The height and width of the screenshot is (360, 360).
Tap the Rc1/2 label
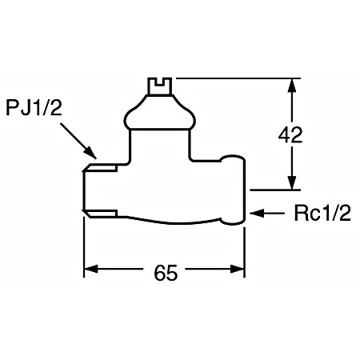click(322, 214)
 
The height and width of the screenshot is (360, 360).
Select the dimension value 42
click(290, 134)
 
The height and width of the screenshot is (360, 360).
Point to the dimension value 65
click(166, 273)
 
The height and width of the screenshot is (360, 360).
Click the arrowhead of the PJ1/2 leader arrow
click(90, 153)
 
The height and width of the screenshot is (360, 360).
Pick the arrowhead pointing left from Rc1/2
click(257, 214)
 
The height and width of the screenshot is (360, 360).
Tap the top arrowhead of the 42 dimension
click(292, 86)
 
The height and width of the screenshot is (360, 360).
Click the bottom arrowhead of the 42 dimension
click(292, 182)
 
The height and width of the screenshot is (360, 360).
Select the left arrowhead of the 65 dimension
click(91, 269)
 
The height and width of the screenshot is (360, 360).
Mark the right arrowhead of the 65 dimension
click(238, 269)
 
